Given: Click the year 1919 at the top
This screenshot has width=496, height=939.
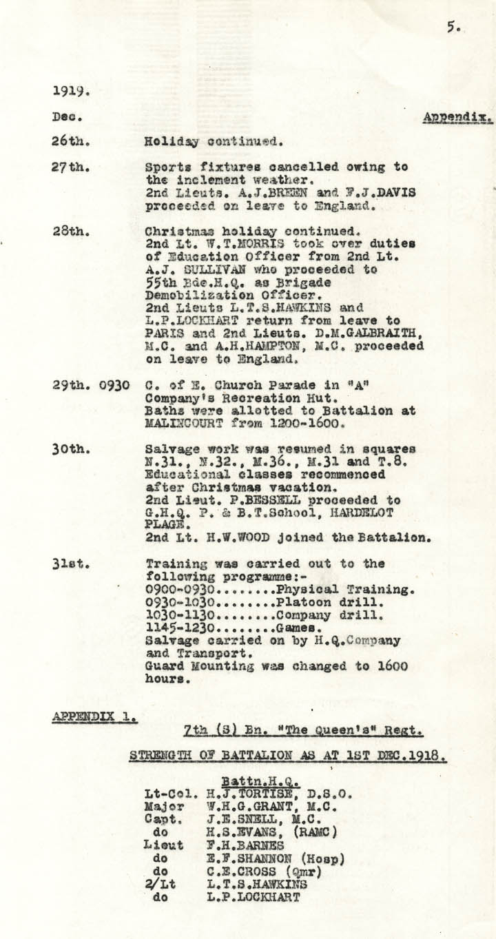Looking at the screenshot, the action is pyautogui.click(x=72, y=90).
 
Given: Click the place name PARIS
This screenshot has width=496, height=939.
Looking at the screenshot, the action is pyautogui.click(x=164, y=336).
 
